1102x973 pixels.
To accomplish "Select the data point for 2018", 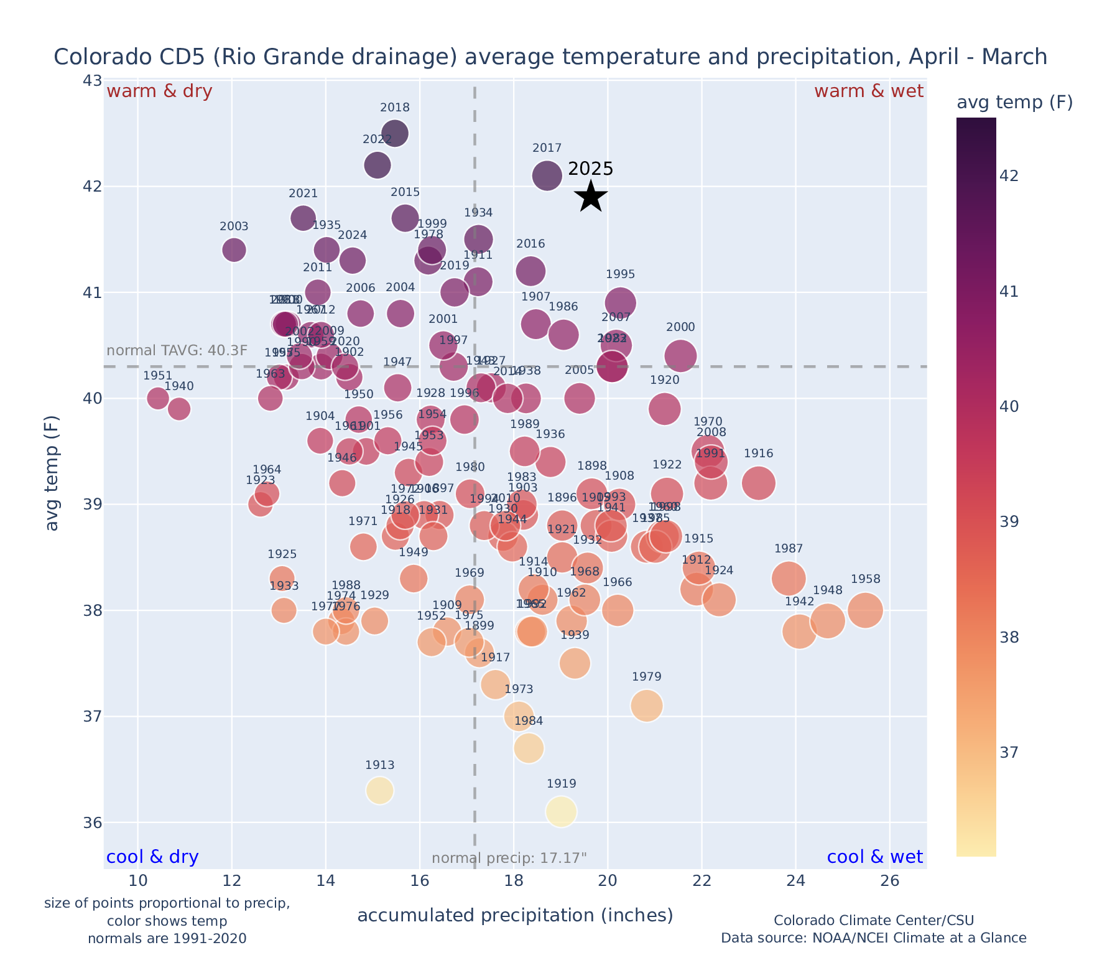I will (395, 133).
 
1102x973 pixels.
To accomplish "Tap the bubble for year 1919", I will (561, 811).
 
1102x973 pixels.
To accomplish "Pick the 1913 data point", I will (379, 791).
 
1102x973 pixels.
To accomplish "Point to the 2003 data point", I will (234, 249).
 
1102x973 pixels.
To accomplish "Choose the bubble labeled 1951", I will (158, 398).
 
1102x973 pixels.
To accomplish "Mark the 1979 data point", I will (646, 705).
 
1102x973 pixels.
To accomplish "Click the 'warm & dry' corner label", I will (160, 91).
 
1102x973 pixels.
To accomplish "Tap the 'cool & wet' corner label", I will (874, 857).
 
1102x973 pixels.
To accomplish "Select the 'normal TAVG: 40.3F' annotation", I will (177, 350).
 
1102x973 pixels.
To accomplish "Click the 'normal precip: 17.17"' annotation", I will (509, 859).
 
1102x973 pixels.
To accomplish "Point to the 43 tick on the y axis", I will (91, 81).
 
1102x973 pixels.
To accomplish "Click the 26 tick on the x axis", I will (890, 881).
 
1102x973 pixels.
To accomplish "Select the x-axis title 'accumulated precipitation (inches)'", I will (515, 916).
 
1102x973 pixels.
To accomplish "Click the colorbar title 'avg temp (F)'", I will (1014, 103).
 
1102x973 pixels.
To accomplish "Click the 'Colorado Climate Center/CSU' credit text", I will (874, 920).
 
